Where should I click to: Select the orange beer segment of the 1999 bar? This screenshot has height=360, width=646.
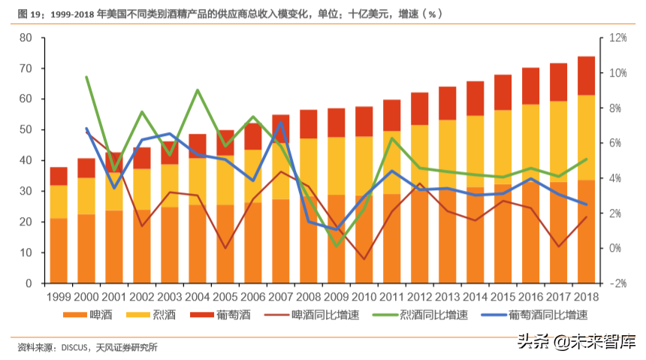click(59, 252)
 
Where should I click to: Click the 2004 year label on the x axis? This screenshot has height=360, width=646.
click(197, 298)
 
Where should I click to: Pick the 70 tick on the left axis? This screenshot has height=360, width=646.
click(26, 68)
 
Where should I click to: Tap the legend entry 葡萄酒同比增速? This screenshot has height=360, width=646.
click(535, 315)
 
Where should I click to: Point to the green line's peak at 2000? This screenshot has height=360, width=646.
click(86, 77)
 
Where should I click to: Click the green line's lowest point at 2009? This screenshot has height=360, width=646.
click(336, 245)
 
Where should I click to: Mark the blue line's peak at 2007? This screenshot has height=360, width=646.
click(280, 123)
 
